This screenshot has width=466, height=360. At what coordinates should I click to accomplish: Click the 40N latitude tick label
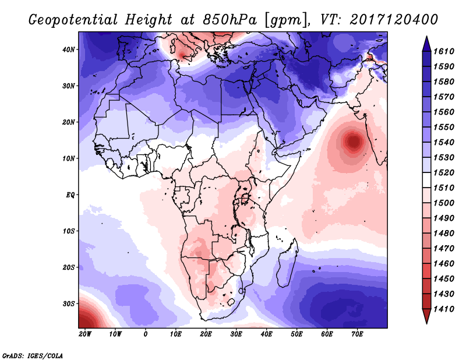tap(68, 50)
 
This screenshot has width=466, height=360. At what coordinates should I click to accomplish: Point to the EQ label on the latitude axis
tap(69, 195)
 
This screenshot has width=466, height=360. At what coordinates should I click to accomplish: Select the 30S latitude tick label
tap(68, 303)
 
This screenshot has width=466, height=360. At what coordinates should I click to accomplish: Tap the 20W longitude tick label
tap(85, 334)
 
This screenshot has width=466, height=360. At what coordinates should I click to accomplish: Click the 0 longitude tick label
tap(146, 334)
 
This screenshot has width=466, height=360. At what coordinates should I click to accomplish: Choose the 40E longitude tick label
tap(266, 334)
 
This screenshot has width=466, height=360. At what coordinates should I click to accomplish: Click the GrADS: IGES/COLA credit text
tap(33, 354)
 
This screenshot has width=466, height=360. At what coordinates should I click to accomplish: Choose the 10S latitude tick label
tap(68, 231)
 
